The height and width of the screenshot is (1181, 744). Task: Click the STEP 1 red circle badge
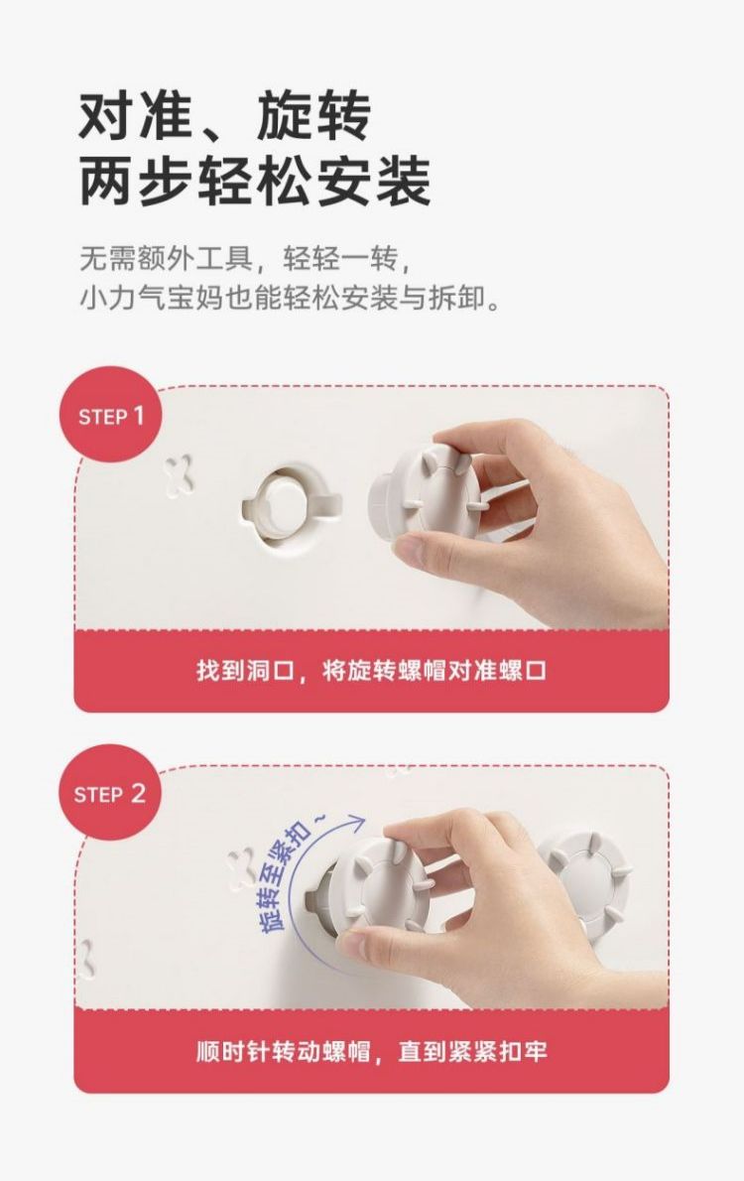pyautogui.click(x=111, y=414)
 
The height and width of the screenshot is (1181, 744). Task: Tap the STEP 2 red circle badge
pyautogui.click(x=110, y=792)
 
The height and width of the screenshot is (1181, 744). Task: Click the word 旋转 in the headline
pyautogui.click(x=313, y=116)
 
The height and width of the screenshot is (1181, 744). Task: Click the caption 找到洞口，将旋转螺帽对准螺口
pyautogui.click(x=371, y=670)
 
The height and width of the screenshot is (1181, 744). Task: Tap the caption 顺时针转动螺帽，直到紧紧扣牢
pyautogui.click(x=371, y=1051)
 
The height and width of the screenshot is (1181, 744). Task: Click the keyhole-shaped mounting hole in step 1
pyautogui.click(x=292, y=502)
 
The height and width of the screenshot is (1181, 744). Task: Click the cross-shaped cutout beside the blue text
pyautogui.click(x=242, y=866)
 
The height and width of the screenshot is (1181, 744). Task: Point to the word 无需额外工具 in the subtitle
pyautogui.click(x=166, y=260)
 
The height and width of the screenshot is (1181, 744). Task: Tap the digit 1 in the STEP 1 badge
pyautogui.click(x=139, y=415)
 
